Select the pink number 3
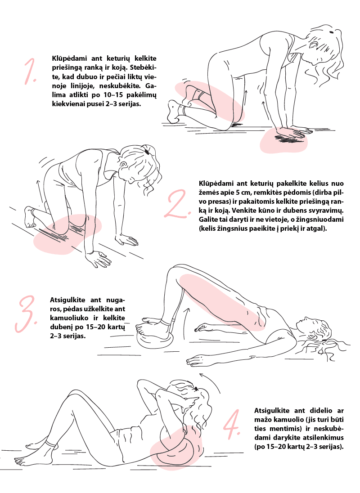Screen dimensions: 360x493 click(27, 314)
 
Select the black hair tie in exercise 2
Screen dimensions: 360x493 click(146, 152)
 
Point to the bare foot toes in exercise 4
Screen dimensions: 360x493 click(19, 461)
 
